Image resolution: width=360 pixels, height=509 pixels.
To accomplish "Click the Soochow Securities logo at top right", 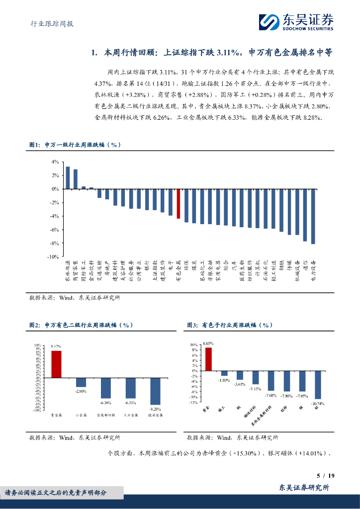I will coord(296,22).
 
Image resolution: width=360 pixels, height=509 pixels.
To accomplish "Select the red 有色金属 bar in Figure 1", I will coord(178,204).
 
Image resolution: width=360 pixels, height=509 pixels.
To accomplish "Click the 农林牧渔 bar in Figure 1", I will coord(68,178).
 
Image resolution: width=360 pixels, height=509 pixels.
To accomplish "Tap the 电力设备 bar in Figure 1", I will coord(313,216).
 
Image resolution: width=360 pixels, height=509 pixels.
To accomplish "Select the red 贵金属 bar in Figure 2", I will coord(56,364).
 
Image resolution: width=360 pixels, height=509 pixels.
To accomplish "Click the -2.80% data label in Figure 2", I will coord(81,392).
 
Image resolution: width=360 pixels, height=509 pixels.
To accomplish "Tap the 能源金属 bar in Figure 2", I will coord(155,391).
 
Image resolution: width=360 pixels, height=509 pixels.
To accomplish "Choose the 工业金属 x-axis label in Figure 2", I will coord(130,414).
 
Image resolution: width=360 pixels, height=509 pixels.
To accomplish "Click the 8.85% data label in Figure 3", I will coord(208,343).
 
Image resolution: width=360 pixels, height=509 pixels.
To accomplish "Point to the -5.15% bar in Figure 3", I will coord(256,377).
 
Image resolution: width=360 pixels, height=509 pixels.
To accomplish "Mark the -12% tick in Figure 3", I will coord(194,403).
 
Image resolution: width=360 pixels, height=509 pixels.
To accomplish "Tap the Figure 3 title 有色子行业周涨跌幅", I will coord(237,325).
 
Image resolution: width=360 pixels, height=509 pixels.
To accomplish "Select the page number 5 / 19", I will coord(326,476).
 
